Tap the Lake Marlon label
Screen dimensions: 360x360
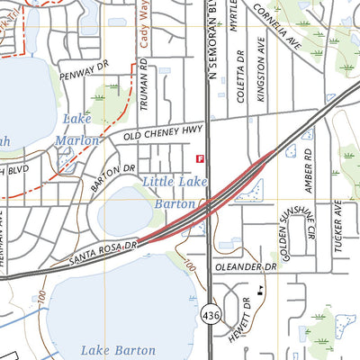[x=76, y=130]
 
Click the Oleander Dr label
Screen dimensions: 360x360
[x=245, y=267]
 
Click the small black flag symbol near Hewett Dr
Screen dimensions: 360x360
[x=260, y=291]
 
